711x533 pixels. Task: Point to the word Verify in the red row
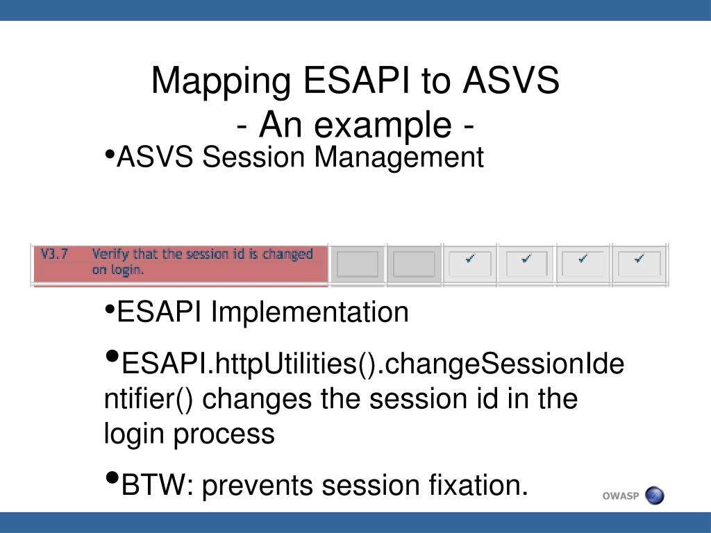110,255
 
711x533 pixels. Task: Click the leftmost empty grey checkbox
358,264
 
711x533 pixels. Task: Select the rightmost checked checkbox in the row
639,263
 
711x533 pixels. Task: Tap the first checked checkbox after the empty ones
470,263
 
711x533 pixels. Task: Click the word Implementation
310,312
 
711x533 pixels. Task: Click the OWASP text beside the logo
620,496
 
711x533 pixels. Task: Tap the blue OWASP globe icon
654,496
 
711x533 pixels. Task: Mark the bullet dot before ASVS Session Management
109,155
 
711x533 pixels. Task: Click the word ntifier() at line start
149,399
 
